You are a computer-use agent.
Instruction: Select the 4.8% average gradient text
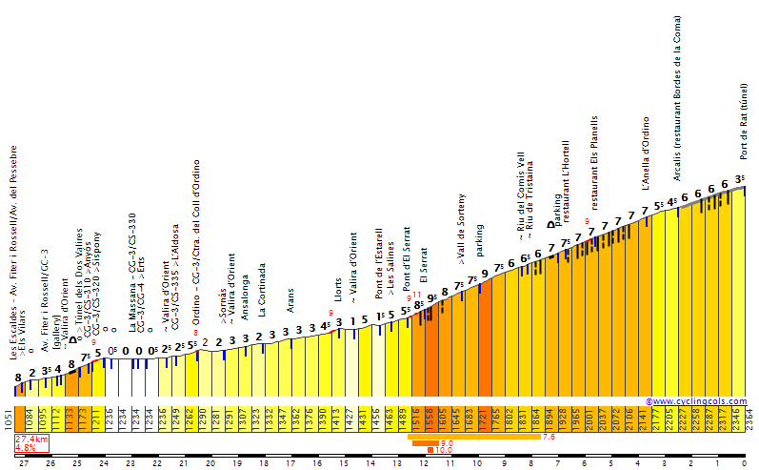coord(26,447)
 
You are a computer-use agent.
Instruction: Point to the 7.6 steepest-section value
coord(549,437)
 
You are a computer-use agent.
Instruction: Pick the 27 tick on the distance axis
coord(24,464)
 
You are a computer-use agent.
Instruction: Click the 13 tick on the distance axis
coord(397,464)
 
